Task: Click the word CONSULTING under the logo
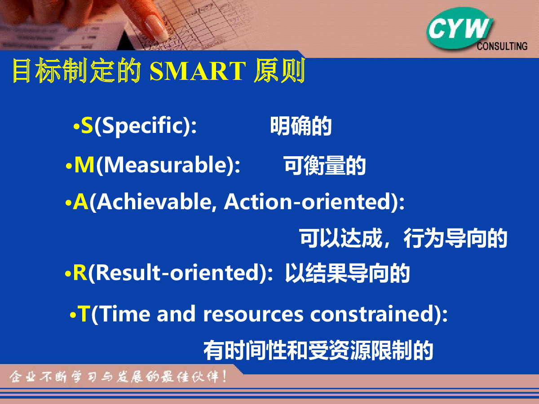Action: point(502,46)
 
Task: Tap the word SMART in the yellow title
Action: point(198,71)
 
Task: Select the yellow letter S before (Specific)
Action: point(87,125)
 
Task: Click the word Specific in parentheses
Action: point(142,126)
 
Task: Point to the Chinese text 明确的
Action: point(301,126)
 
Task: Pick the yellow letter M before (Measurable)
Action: point(84,165)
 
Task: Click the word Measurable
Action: point(166,164)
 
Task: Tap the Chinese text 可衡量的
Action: point(325,166)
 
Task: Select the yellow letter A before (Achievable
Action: point(80,202)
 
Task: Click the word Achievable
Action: point(154,202)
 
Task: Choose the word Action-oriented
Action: point(307,202)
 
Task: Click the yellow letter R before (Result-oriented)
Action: point(80,273)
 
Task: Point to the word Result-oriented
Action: point(177,272)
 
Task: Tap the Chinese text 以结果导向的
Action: point(347,273)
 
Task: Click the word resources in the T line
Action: point(253,315)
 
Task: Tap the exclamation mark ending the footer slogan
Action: point(224,376)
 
